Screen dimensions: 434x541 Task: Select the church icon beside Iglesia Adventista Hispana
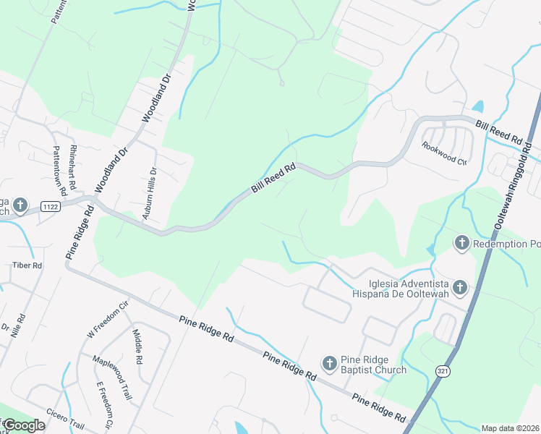coord(461,288)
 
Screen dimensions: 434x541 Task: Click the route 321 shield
coord(440,370)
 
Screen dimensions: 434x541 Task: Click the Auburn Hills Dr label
coord(149,193)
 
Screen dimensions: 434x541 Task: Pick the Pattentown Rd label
coord(59,171)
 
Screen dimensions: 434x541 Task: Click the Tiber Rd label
coord(27,265)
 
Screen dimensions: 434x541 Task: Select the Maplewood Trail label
coord(111,377)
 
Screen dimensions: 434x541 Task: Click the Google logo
coord(24,425)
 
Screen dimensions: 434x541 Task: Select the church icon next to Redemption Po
coord(461,243)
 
